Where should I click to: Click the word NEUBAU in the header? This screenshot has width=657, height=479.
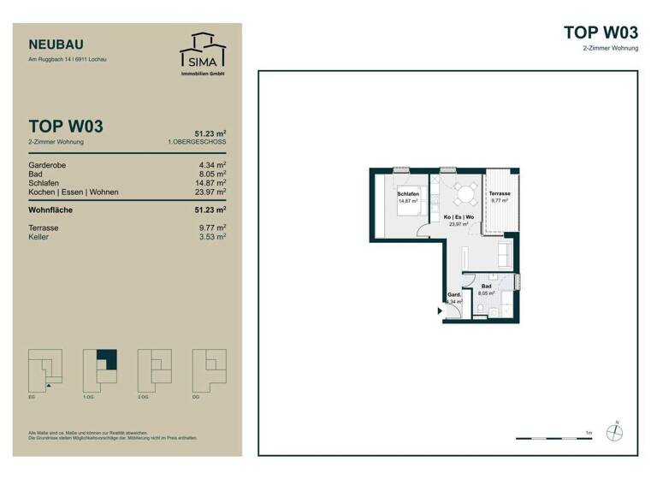tap(56, 44)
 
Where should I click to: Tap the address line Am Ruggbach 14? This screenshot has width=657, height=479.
tap(68, 60)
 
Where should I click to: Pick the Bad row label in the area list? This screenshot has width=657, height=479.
tap(36, 174)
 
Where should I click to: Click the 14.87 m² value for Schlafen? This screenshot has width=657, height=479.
tap(210, 183)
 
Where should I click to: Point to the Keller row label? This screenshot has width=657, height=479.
tap(39, 237)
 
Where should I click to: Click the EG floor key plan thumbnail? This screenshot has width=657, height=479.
tap(45, 370)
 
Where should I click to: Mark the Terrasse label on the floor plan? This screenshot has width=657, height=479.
tap(500, 194)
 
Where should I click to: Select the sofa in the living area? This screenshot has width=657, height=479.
tap(504, 252)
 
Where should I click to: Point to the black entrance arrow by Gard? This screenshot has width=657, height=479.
tap(441, 310)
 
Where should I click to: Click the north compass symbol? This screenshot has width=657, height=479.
tap(614, 432)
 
